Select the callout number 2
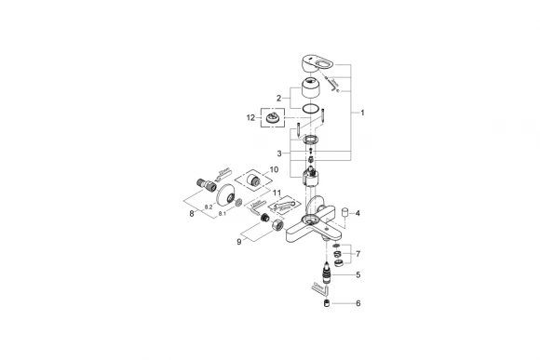277,97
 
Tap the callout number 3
277,153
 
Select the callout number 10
273,170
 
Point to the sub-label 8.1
223,214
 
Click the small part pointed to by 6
328,304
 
